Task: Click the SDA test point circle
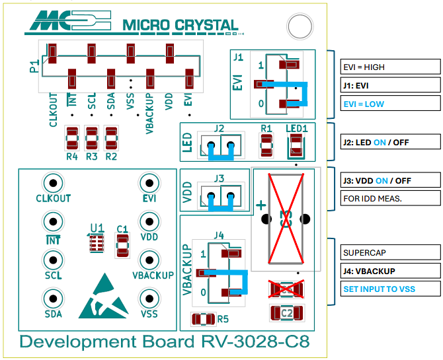(53, 297)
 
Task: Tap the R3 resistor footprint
(92, 139)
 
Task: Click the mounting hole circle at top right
(299, 27)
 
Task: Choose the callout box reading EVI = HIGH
(390, 67)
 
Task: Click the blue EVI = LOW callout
(390, 104)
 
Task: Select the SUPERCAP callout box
(390, 252)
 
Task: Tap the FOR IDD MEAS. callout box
(390, 198)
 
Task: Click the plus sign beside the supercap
(260, 205)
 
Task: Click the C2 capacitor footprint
(286, 312)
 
